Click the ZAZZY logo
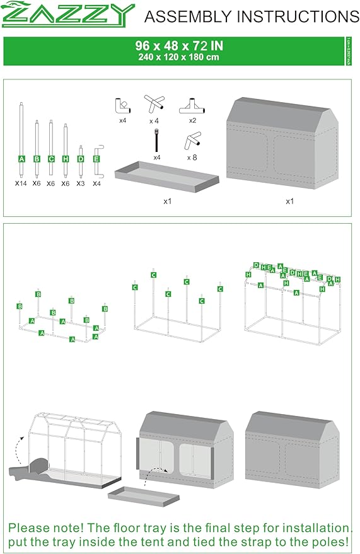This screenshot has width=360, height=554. pos(69,15)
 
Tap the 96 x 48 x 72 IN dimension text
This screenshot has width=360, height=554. pos(179,45)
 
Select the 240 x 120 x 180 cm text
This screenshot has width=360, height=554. pos(179,57)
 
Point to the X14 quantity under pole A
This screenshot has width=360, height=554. pos(21,183)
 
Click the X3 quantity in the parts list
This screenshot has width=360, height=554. pos(81,183)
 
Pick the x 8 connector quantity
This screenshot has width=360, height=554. pos(192,158)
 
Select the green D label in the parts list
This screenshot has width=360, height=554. pos(81,159)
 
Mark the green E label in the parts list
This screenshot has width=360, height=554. pos(96,159)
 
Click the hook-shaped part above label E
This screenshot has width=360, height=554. pos(96,149)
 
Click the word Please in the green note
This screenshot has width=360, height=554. pos(30,528)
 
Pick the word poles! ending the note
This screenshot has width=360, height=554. pos(331,541)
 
